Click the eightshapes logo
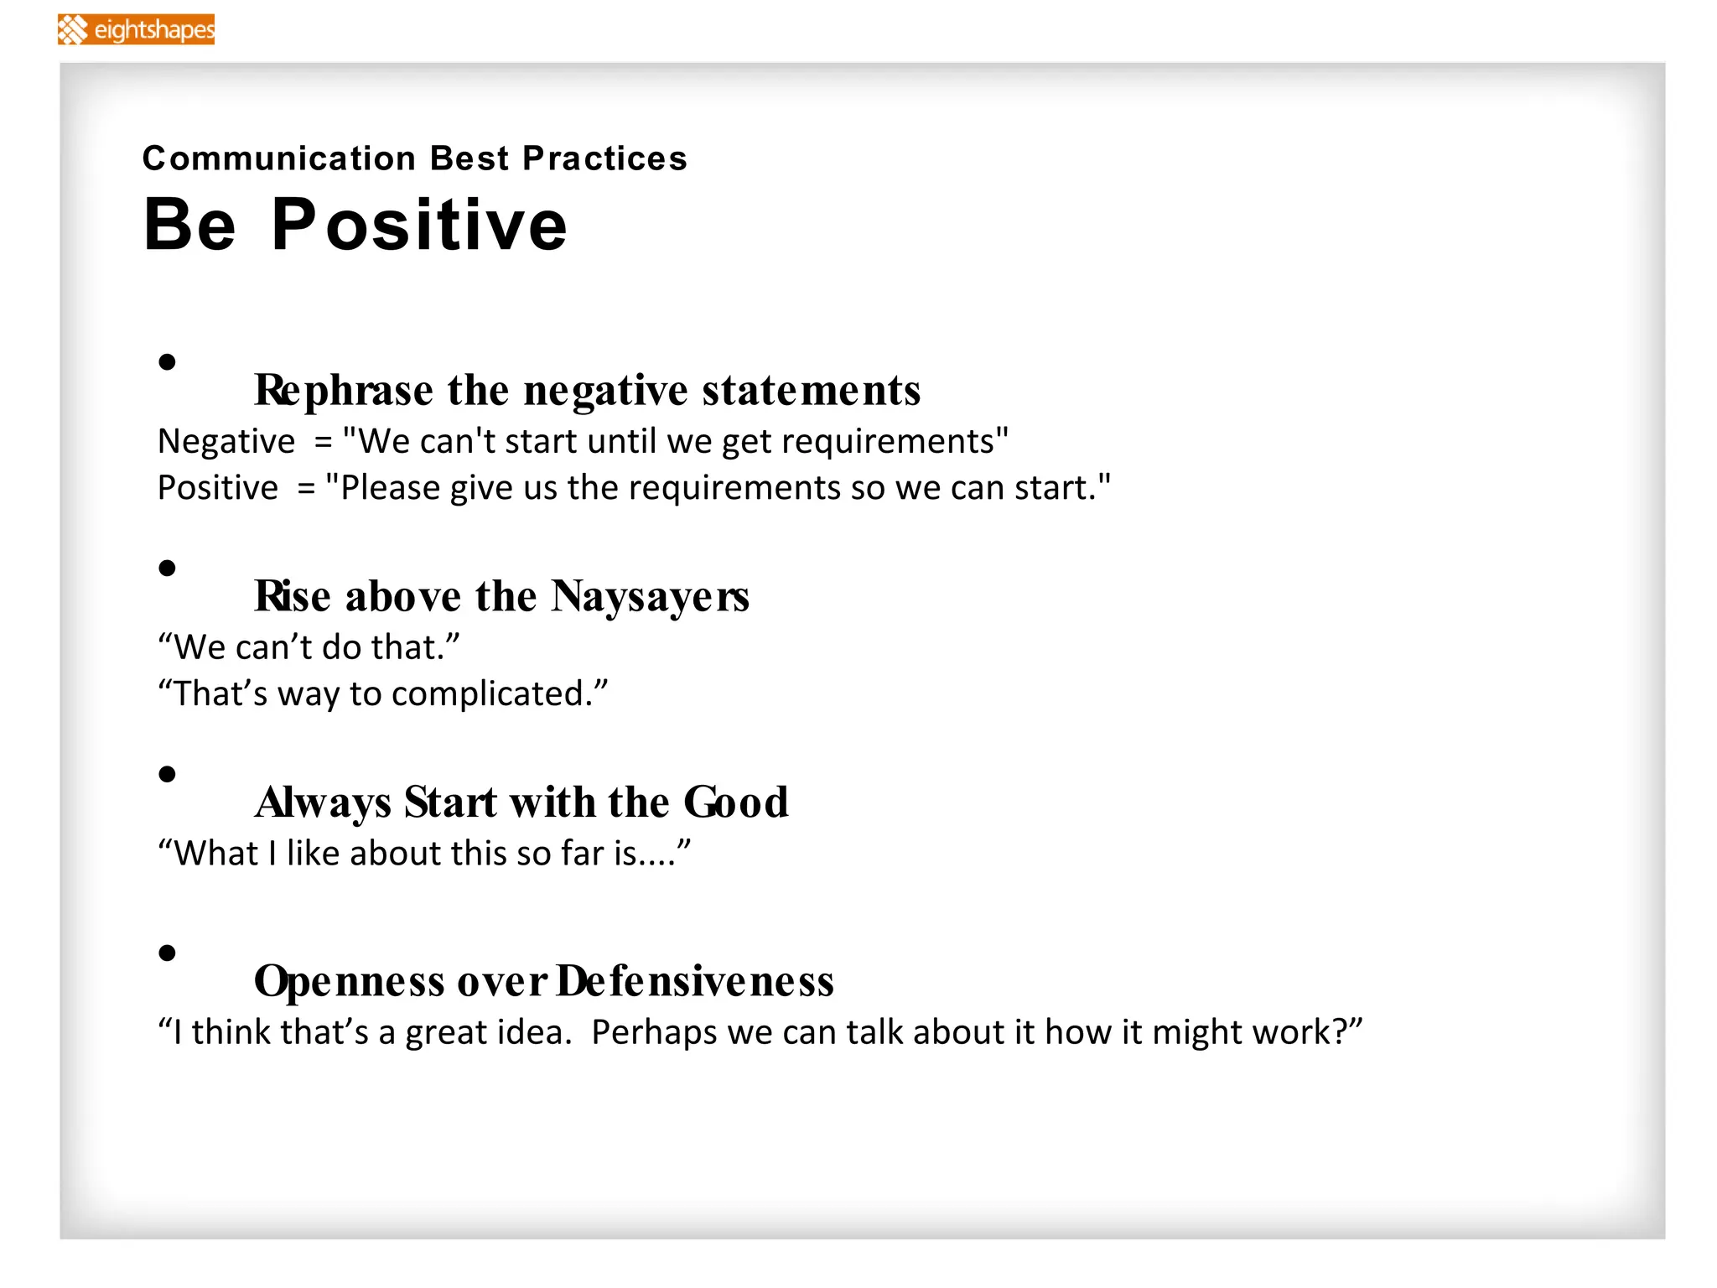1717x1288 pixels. click(136, 29)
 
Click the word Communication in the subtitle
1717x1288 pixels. click(279, 158)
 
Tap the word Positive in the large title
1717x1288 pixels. click(419, 225)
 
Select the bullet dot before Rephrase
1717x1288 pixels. click(168, 362)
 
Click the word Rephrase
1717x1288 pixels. click(344, 391)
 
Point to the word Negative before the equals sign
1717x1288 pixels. click(226, 442)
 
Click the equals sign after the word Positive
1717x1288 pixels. click(306, 489)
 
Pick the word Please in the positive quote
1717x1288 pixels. click(390, 489)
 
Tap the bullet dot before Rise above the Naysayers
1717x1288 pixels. click(168, 569)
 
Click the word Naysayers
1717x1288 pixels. click(650, 597)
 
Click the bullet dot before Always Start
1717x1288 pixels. click(168, 774)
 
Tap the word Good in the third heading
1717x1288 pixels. click(736, 802)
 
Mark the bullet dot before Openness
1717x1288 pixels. click(168, 953)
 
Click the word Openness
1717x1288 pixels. click(349, 981)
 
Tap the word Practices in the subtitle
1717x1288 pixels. click(604, 158)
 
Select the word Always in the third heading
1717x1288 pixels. click(323, 802)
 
